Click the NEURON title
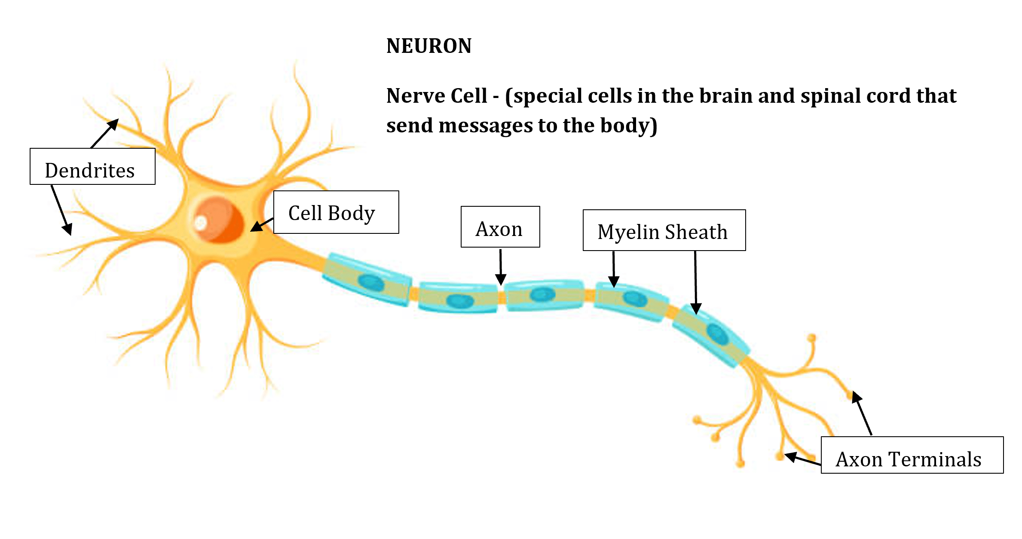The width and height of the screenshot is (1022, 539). [429, 46]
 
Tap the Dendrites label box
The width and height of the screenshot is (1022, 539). [92, 166]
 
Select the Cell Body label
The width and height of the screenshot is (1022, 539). [336, 212]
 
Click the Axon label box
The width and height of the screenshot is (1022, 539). [500, 227]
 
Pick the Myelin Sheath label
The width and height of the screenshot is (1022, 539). [664, 230]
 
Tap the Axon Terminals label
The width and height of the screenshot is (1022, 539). [912, 455]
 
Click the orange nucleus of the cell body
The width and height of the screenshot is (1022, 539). [218, 219]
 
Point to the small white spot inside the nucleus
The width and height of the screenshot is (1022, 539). [201, 222]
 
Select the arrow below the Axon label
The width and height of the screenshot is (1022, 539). [501, 266]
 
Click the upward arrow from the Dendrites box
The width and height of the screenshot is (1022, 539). [105, 133]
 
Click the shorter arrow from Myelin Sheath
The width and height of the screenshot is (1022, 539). [614, 269]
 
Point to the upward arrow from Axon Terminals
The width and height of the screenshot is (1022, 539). [862, 413]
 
